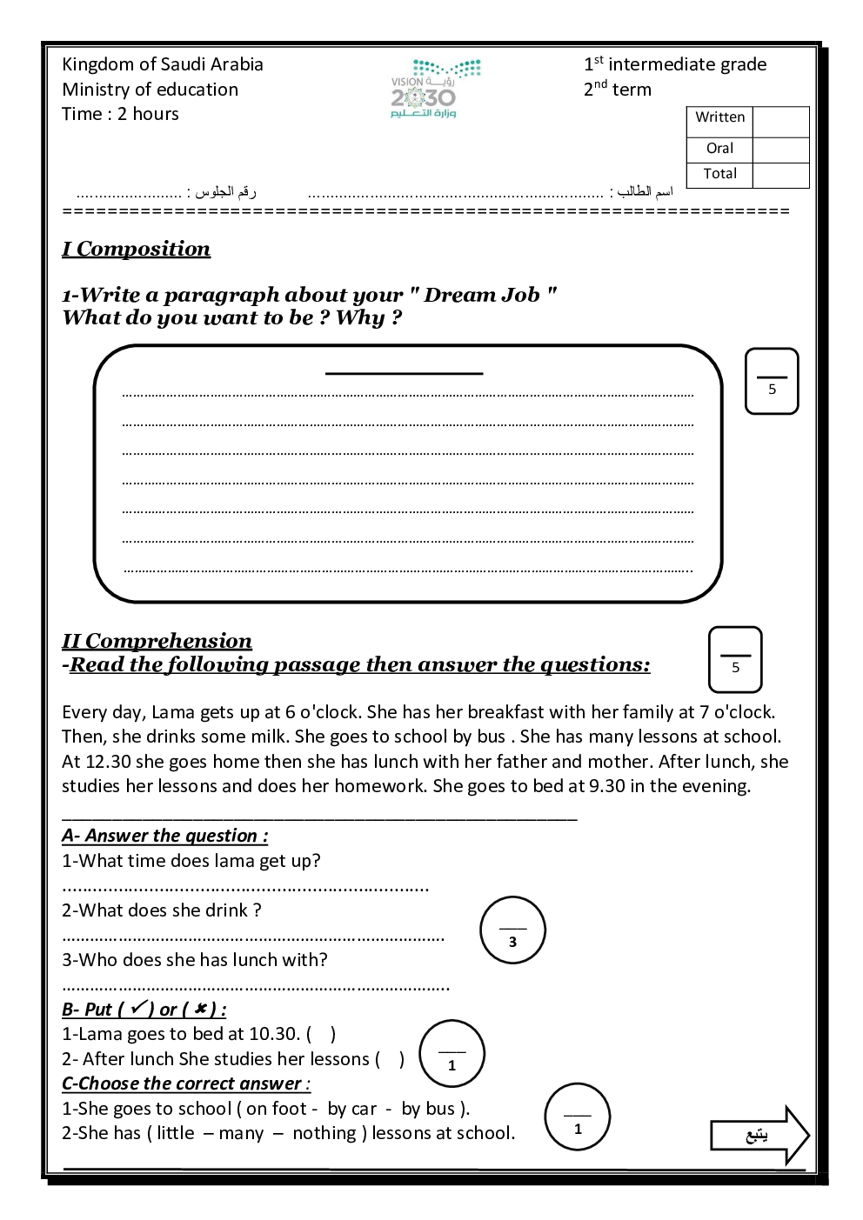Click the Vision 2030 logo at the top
coord(434,89)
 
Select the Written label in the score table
coord(719,117)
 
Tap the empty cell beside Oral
coord(780,150)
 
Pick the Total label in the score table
coord(719,174)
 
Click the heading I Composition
coord(136,250)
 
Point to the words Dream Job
coord(482,296)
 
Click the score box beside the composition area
coord(772,382)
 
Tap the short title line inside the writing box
coord(404,373)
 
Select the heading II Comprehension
coord(157,642)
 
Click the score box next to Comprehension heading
coord(735,660)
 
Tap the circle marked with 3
coord(512,930)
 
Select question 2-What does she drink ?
coord(162,910)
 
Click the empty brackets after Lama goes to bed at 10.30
coord(321,1034)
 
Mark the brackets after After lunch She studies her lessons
coord(390,1059)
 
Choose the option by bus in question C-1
coord(429,1109)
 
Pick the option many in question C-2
coord(241,1133)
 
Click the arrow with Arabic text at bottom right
coord(759,1135)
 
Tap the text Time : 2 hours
coord(120,114)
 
